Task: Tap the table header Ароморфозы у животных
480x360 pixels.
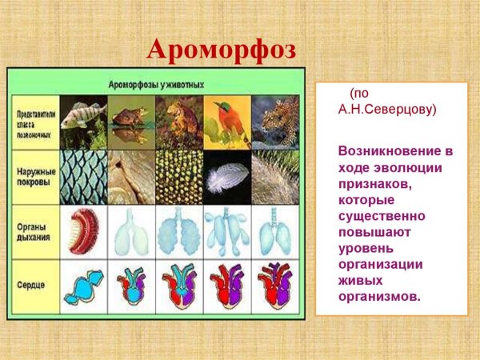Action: (156, 83)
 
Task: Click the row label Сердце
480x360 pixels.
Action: (34, 286)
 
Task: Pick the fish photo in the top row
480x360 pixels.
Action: (83, 122)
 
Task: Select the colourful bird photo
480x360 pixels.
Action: (226, 122)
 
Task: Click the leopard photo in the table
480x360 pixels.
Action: (275, 122)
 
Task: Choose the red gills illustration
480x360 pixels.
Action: (83, 231)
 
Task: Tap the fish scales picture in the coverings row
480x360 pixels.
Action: (83, 176)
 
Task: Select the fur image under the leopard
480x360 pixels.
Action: (275, 176)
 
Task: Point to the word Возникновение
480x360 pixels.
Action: (389, 151)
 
